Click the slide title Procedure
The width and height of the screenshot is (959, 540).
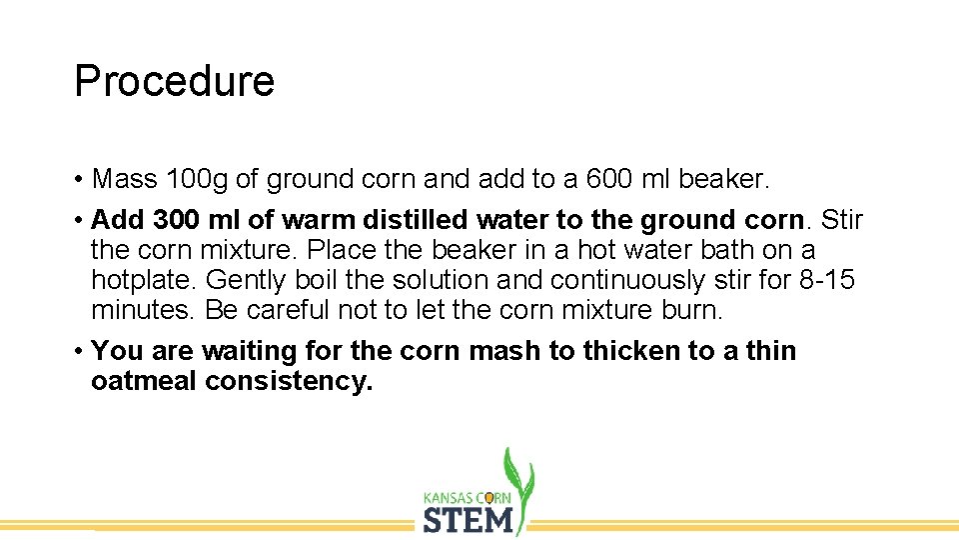(174, 81)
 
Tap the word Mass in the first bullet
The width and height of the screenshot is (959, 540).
(124, 179)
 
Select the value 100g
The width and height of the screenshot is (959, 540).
(197, 179)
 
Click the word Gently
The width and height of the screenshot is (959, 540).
(246, 280)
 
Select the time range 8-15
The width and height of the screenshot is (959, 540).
(827, 280)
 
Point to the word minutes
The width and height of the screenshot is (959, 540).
(143, 310)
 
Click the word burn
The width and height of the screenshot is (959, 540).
(690, 310)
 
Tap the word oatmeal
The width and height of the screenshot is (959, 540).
(143, 381)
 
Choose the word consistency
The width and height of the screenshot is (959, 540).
(289, 381)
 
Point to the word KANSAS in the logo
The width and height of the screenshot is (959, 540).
(450, 497)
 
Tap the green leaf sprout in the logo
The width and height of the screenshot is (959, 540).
(518, 475)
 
